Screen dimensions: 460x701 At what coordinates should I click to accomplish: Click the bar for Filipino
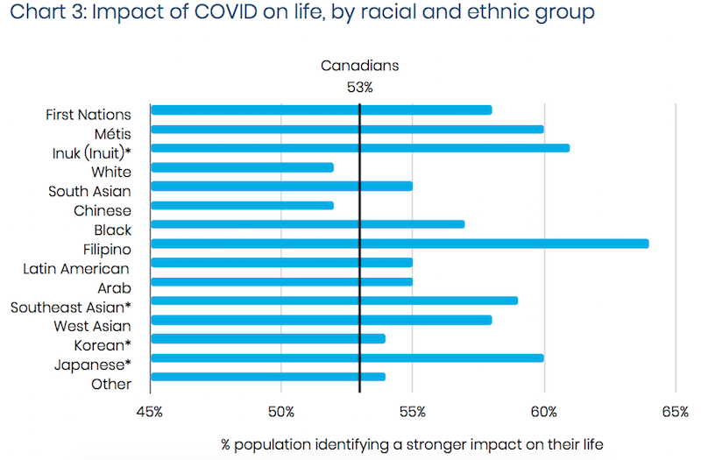click(400, 243)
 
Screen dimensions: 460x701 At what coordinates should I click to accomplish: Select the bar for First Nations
click(321, 110)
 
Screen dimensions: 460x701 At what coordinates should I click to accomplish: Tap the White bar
click(242, 166)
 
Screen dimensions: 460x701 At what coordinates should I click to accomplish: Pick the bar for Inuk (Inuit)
click(360, 147)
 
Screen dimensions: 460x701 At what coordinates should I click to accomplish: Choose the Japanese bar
click(347, 357)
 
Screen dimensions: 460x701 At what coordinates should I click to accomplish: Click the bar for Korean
click(268, 338)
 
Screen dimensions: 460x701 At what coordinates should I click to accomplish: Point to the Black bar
click(308, 223)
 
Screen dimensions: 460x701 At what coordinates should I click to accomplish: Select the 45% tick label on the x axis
click(150, 411)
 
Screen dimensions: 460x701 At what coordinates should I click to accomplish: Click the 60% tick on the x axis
click(544, 411)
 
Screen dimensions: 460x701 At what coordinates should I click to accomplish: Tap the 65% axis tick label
click(676, 411)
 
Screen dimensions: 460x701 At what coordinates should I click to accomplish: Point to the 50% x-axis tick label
click(281, 411)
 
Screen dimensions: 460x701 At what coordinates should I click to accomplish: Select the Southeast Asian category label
click(70, 308)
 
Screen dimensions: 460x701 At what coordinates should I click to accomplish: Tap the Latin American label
click(77, 268)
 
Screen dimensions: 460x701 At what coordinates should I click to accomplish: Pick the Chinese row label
click(103, 210)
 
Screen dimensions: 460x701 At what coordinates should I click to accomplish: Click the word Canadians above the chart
click(359, 66)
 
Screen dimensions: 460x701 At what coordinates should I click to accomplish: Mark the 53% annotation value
click(359, 87)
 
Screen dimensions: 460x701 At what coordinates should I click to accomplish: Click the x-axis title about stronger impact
click(412, 444)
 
